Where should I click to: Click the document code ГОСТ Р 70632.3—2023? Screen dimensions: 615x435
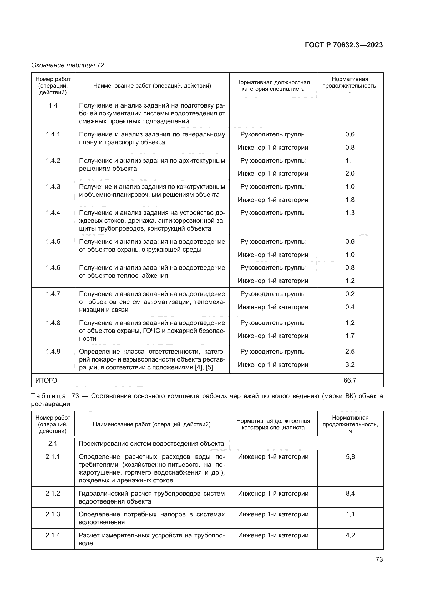coord(344,45)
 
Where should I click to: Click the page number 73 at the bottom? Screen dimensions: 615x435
coord(379,559)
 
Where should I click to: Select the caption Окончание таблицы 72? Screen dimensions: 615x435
coord(68,65)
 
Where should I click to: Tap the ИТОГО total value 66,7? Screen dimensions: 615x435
coord(350,380)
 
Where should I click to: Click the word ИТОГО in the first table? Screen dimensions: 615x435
coord(46,380)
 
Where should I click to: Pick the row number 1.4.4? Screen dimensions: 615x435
coord(53,213)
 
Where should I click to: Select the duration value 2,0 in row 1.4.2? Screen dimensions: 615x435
coord(350,174)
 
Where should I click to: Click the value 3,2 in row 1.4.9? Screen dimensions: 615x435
coord(350,364)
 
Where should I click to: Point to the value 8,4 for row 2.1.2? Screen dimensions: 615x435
coord(350,493)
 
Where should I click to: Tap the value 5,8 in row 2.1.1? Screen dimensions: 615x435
coord(350,457)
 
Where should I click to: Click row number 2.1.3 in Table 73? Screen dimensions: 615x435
coord(53,514)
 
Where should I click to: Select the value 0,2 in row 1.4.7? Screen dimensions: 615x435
coord(350,294)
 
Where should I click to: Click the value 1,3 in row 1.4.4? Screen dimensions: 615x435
coord(350,213)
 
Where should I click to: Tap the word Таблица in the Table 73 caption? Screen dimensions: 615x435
coord(48,396)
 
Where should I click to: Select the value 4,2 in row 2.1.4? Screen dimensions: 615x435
coord(350,535)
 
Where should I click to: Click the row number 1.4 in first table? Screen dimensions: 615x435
coord(53,105)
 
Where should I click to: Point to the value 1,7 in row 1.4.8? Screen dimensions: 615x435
coord(350,336)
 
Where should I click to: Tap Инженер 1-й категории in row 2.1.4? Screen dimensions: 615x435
coord(273,535)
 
